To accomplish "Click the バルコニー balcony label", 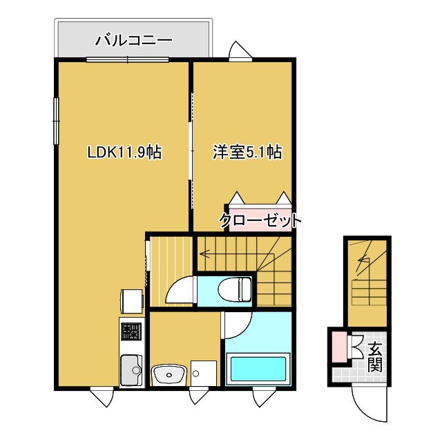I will (133, 39).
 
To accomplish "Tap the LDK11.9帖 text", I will (124, 152).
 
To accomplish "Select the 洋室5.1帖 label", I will (246, 152).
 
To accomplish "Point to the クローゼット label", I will (260, 220).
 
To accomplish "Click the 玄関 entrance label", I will (374, 356).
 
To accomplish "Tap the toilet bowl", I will (233, 289).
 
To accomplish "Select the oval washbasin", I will (168, 375).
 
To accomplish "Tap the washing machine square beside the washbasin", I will (203, 374).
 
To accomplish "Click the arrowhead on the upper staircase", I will (203, 253).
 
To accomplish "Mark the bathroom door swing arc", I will (236, 326).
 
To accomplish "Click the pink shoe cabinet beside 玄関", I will (338, 347).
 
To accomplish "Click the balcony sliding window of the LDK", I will (128, 60).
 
